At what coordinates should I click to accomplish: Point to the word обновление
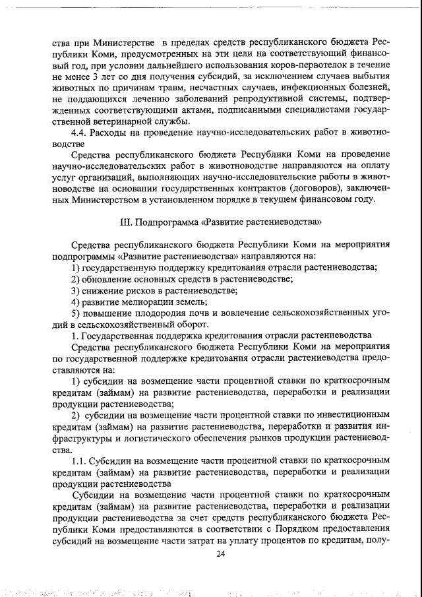point(109,280)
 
